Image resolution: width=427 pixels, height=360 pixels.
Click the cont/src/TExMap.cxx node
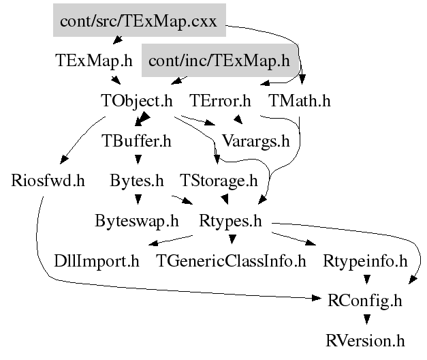[138, 21]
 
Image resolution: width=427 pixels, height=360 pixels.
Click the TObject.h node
[137, 101]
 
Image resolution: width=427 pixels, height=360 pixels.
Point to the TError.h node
[220, 101]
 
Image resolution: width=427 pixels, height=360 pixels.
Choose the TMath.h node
[299, 101]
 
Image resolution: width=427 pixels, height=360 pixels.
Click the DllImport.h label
[97, 260]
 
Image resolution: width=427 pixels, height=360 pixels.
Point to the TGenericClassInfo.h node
[231, 260]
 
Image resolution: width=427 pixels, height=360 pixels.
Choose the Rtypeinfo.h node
[365, 260]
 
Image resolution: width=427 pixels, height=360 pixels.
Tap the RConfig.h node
[365, 300]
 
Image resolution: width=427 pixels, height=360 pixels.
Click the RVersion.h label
[365, 340]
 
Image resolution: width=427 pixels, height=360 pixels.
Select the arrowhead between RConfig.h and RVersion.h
[366, 319]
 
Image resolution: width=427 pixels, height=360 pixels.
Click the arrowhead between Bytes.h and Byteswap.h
[138, 200]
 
